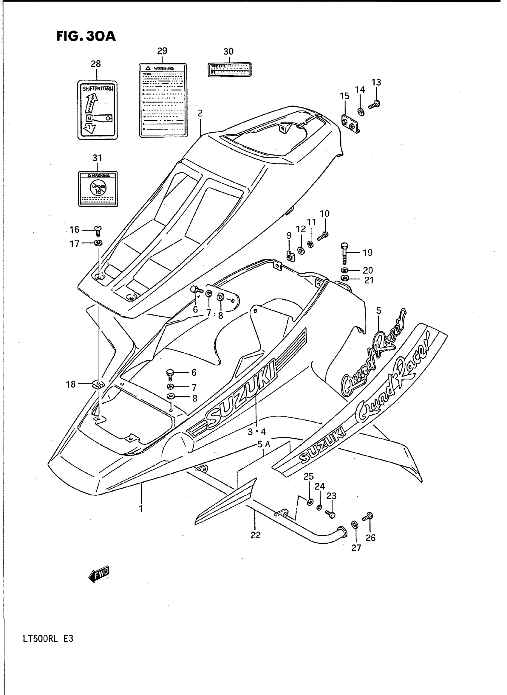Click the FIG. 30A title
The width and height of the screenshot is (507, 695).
point(86,36)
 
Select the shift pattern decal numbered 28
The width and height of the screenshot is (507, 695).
point(97,110)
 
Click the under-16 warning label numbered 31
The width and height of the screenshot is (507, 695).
point(98,189)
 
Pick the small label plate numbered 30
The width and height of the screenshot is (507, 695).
point(230,70)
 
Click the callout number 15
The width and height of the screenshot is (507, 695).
point(344,96)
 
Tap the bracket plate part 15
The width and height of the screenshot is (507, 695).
point(350,123)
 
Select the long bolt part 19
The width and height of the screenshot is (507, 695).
point(344,254)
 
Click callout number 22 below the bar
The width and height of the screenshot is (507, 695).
point(255,535)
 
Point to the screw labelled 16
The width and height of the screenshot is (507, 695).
point(98,230)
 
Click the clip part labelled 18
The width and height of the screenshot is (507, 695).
point(98,384)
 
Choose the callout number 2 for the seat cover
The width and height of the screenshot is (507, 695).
point(200,113)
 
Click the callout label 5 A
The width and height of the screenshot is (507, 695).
point(264,444)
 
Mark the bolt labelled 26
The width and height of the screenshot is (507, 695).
point(368,517)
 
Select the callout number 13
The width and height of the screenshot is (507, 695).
point(376,82)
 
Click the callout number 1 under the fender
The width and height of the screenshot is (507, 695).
point(141,509)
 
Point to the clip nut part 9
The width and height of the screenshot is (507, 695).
point(290,255)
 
